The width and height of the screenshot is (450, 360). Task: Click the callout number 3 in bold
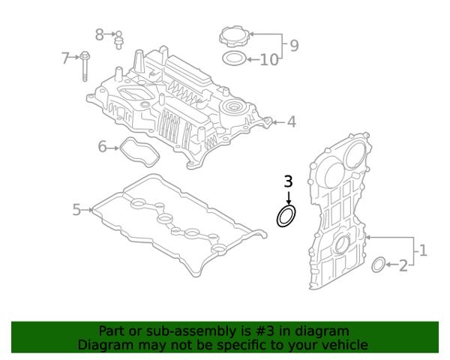tap(289, 181)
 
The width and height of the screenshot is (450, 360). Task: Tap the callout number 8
tap(99, 34)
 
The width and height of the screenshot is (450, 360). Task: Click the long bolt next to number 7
tap(84, 66)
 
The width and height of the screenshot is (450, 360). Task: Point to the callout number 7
tap(66, 58)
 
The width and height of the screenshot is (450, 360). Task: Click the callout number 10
tap(269, 60)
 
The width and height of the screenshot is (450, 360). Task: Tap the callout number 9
tap(294, 46)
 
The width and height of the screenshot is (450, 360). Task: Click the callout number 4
tap(292, 121)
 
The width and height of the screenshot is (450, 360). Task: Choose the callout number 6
tap(102, 146)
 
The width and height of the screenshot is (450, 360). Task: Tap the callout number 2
tap(403, 265)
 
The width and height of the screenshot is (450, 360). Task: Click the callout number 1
tap(423, 250)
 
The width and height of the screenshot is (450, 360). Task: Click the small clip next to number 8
tap(118, 40)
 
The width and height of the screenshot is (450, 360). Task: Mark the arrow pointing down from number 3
tap(289, 198)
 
